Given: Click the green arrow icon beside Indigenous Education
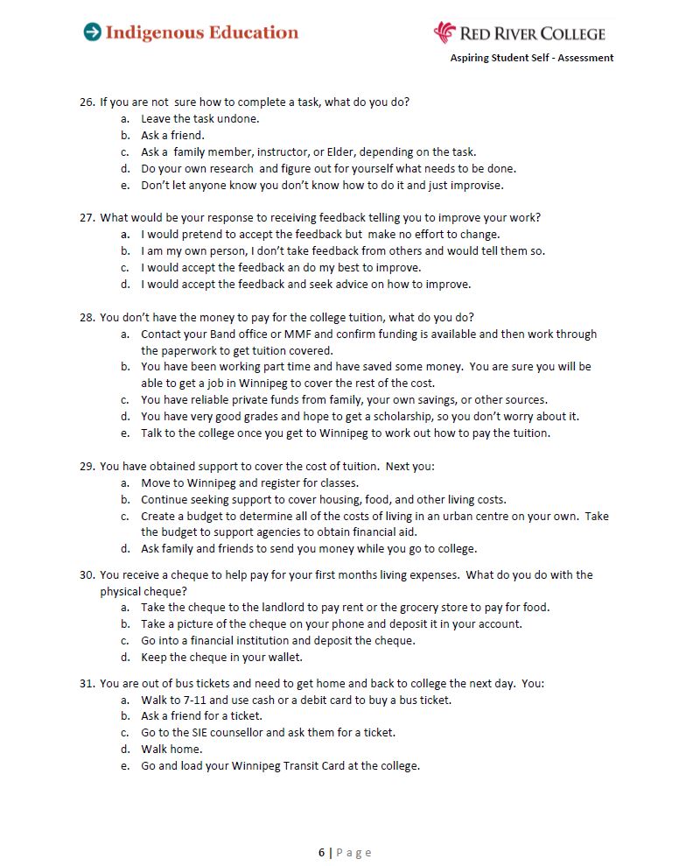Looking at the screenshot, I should [92, 32].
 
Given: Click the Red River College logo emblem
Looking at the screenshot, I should [444, 32].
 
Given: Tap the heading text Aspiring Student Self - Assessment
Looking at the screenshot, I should [532, 58].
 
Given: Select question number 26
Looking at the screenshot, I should [87, 102].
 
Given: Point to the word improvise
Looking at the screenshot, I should [479, 186].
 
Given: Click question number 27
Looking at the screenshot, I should [87, 218].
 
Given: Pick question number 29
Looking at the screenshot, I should [87, 467].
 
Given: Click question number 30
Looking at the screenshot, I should [87, 575].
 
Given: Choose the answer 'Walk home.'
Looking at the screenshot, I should [171, 750].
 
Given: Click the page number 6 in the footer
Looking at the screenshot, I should [321, 853].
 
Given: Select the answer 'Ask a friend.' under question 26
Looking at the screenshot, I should [172, 136].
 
